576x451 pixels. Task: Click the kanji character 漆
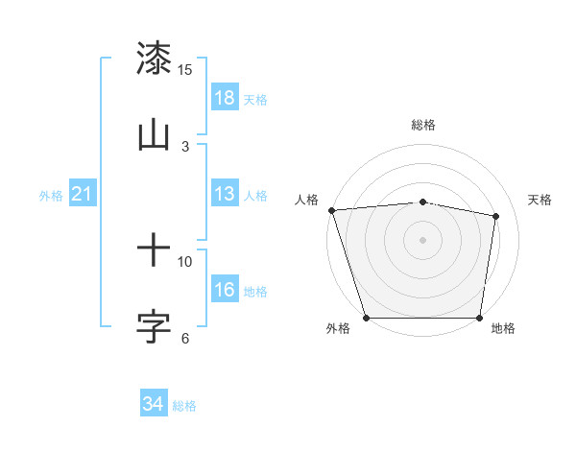click(x=154, y=59)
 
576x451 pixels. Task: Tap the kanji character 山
click(x=154, y=134)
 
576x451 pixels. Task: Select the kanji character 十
click(x=154, y=251)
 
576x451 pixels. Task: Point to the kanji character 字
click(x=154, y=326)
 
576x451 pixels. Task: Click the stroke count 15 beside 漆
click(x=185, y=70)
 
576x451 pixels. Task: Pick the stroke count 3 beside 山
click(x=185, y=146)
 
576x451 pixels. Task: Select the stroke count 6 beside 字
click(x=185, y=338)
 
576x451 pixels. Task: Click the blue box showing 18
click(x=225, y=98)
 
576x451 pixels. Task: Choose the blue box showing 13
click(x=225, y=195)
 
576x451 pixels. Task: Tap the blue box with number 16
click(x=225, y=291)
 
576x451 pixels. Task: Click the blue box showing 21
click(x=83, y=195)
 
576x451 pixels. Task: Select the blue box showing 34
click(x=154, y=405)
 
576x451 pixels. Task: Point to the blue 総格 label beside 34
click(x=184, y=406)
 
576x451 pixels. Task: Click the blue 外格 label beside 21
click(x=51, y=196)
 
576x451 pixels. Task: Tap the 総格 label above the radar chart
click(x=422, y=125)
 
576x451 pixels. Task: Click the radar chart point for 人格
click(x=331, y=210)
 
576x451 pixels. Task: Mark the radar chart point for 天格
click(x=496, y=216)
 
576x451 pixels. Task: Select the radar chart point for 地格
click(x=479, y=318)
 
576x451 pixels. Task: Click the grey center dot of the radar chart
click(x=422, y=239)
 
